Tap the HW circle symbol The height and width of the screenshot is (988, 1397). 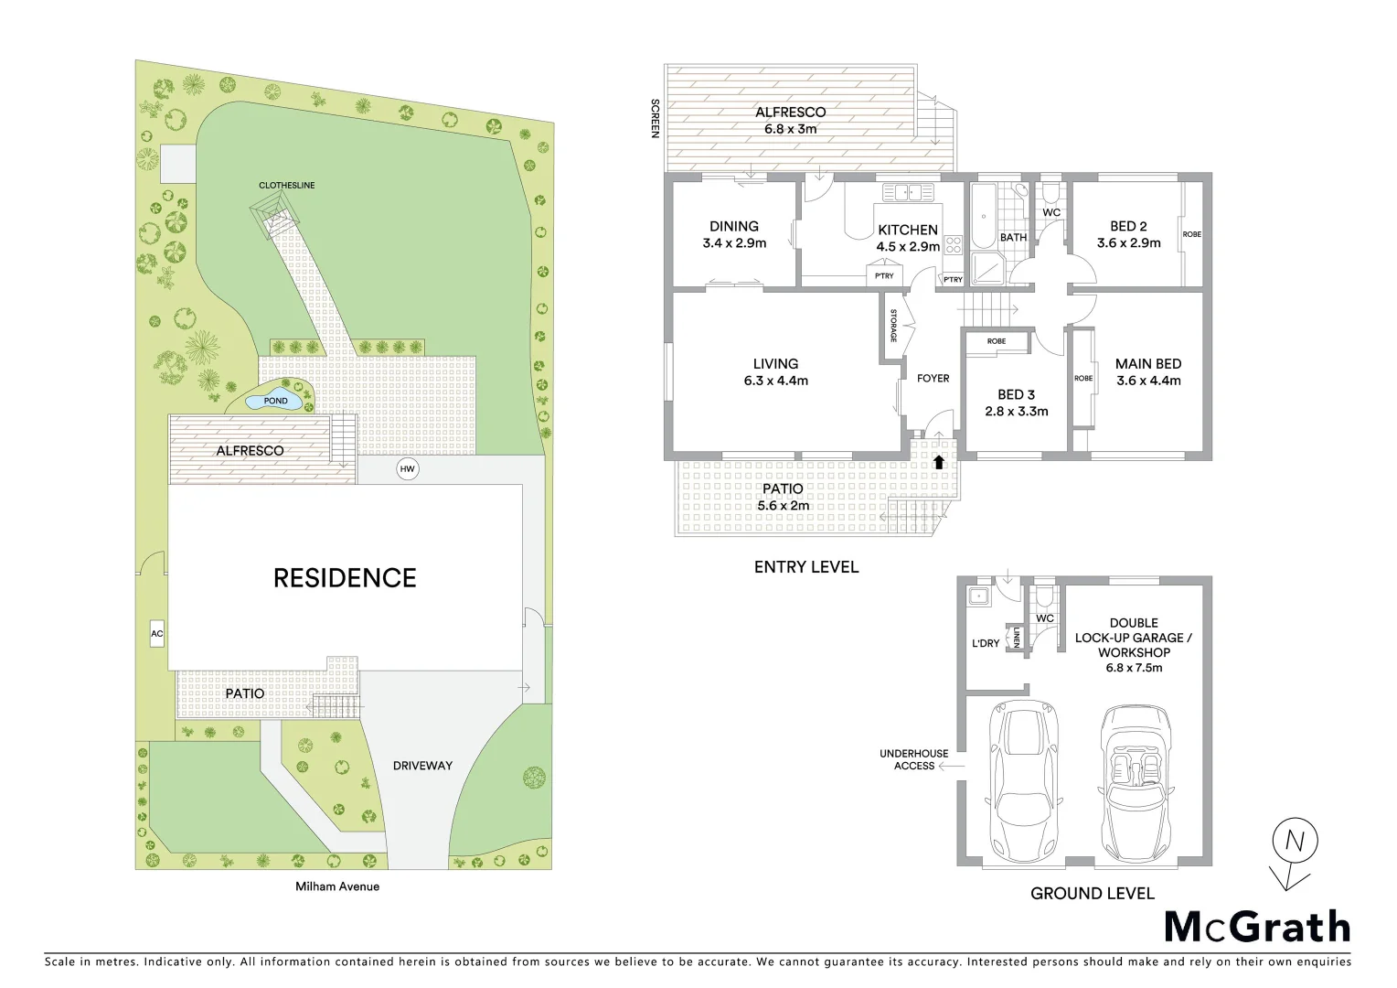click(407, 469)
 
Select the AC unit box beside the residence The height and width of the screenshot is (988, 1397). click(156, 633)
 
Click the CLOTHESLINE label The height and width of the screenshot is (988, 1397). click(286, 185)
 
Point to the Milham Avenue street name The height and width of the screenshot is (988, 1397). click(336, 886)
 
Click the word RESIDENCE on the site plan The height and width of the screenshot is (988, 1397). click(345, 578)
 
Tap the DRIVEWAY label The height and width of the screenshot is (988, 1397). click(422, 765)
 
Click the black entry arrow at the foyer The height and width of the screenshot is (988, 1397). click(938, 462)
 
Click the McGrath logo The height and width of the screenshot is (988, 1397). click(1257, 927)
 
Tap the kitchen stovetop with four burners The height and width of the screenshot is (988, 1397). click(954, 245)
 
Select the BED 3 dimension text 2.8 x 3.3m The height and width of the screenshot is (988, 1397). click(1017, 412)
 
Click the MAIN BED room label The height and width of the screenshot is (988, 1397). click(1147, 364)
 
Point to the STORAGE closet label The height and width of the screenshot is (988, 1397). click(893, 325)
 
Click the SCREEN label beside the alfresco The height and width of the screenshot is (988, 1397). click(655, 118)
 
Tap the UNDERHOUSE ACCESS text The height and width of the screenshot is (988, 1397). click(913, 759)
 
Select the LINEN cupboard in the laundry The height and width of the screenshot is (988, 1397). click(1016, 637)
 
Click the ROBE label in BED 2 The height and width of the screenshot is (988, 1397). click(1191, 234)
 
